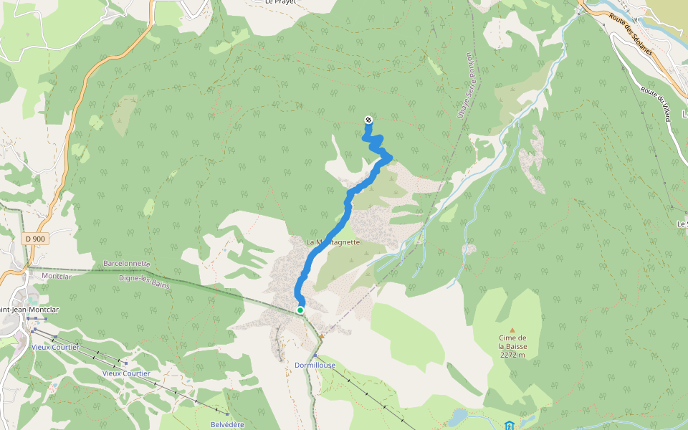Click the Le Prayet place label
pyautogui.click(x=280, y=2)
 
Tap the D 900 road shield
pyautogui.click(x=34, y=239)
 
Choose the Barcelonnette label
pyautogui.click(x=127, y=263)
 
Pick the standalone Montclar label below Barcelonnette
pyautogui.click(x=57, y=276)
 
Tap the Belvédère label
pyautogui.click(x=227, y=424)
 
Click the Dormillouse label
pyautogui.click(x=315, y=365)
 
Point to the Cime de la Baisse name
pyautogui.click(x=512, y=342)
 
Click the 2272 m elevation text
pyautogui.click(x=513, y=355)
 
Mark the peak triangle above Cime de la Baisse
pyautogui.click(x=512, y=330)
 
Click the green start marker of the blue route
pyautogui.click(x=300, y=310)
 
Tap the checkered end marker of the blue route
pyautogui.click(x=368, y=120)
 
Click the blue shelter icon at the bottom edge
pyautogui.click(x=509, y=426)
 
